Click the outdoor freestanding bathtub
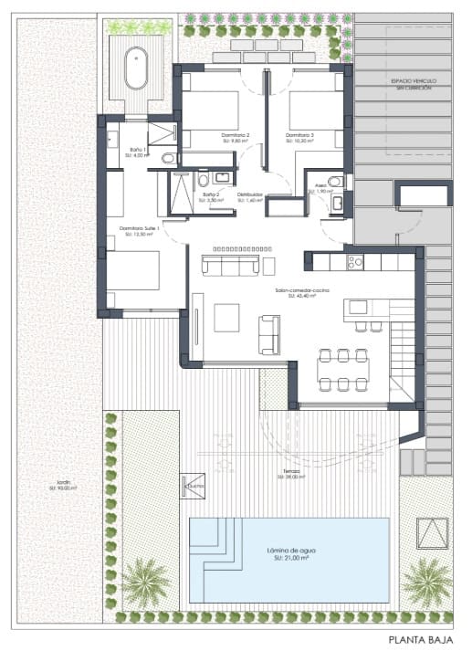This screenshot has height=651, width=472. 137,68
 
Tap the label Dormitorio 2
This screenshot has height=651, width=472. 236,136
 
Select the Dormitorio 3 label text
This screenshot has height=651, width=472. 299,136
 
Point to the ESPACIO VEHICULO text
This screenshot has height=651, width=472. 414,81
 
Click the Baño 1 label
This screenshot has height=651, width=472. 137,149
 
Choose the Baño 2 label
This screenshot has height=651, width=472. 211,194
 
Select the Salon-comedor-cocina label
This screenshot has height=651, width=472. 302,290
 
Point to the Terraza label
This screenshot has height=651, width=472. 292,472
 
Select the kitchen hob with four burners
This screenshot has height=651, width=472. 353,263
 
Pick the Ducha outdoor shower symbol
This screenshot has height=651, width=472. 194,485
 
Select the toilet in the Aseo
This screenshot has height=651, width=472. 336,180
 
